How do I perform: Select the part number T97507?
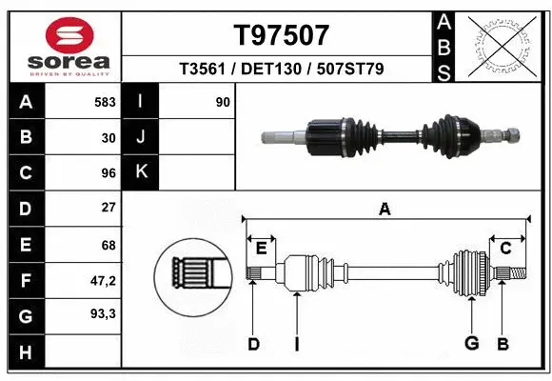coord(281,36)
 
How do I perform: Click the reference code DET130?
coord(281,70)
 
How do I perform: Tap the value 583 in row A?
coord(106,101)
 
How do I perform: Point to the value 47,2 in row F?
coord(103,280)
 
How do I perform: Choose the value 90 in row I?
coord(223,101)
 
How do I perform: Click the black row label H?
coord(26,353)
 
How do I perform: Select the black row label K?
coord(141,171)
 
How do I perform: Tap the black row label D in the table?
coord(26,208)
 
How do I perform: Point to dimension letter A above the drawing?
coord(384,209)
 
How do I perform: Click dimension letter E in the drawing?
coord(261,249)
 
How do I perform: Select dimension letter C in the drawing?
coord(506,249)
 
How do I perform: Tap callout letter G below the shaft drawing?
coord(470,343)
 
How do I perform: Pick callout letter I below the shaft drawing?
coord(296,343)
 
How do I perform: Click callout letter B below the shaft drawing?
coord(503,343)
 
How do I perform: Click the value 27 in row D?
coord(108,208)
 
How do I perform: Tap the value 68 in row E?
coord(108,245)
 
